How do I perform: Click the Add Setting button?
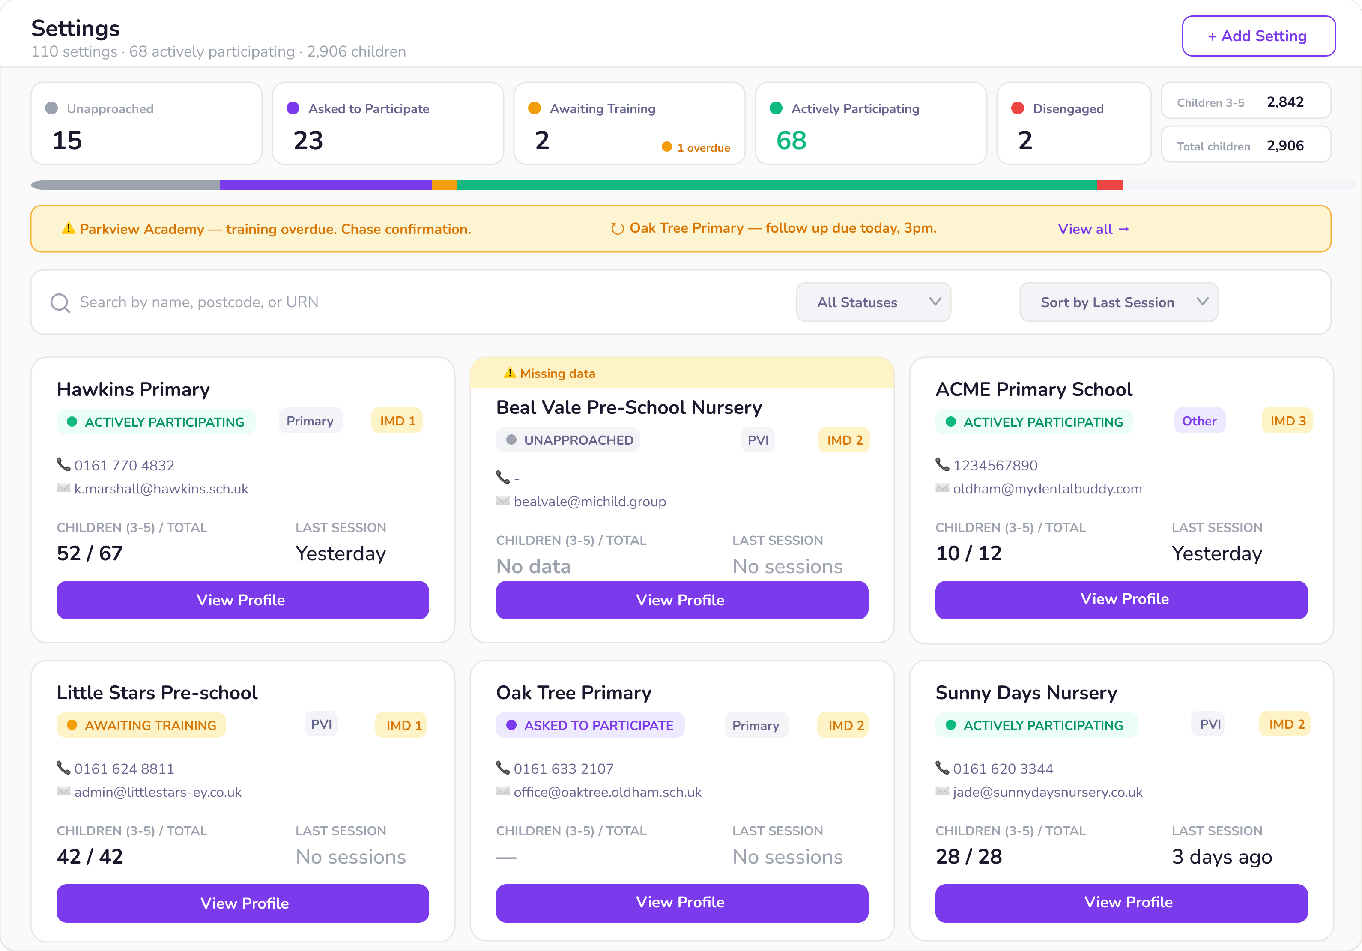click(1258, 36)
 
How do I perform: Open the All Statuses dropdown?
click(873, 302)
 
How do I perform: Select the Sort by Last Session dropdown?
click(1118, 302)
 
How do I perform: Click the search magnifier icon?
click(60, 302)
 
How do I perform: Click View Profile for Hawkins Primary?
click(242, 600)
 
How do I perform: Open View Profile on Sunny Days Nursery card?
click(1121, 902)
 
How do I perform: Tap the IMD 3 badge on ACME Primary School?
click(1287, 421)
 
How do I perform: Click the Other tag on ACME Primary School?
click(1199, 421)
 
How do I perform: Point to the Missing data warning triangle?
click(510, 373)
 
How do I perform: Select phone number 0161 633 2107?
click(564, 769)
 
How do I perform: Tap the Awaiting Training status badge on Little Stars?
click(141, 725)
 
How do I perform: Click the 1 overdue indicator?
click(696, 147)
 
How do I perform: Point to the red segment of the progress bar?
click(1110, 185)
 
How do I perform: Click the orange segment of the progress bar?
click(444, 185)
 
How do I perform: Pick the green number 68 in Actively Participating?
click(792, 141)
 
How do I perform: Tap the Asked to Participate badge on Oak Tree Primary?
click(590, 725)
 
